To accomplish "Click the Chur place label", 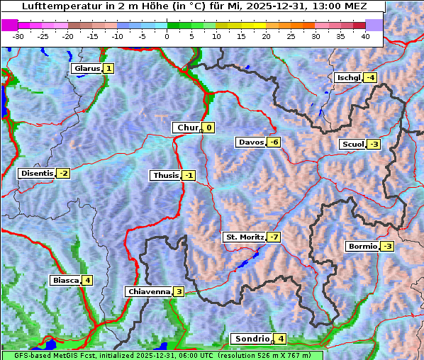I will point(187,128).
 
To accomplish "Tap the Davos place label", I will point(251,142).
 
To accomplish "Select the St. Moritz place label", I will point(244,237).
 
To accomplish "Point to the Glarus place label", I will point(86,69).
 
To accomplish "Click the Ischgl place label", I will point(347,77).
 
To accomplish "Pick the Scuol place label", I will point(352,145).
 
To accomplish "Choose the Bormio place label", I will point(362,247).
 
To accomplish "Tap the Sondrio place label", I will point(252,339).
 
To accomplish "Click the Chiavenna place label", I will point(148,291).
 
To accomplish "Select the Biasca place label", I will point(65,280).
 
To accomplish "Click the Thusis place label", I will point(165,175).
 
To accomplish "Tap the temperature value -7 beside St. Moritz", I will point(274,237).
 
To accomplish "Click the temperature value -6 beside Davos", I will point(274,142).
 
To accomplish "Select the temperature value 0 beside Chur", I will point(209,128).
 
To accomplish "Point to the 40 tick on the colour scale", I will point(365,35).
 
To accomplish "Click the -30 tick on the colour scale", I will point(18,35).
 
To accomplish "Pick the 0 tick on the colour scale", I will point(167,35).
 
